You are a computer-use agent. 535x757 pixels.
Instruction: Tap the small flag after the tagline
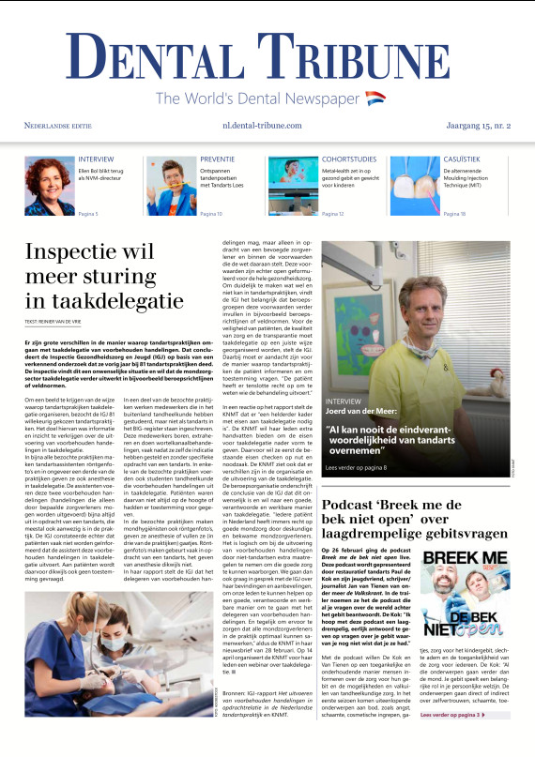pos(375,98)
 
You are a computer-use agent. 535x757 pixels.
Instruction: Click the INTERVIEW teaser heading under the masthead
pos(97,159)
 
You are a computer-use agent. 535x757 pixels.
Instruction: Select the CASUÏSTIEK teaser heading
pos(462,159)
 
